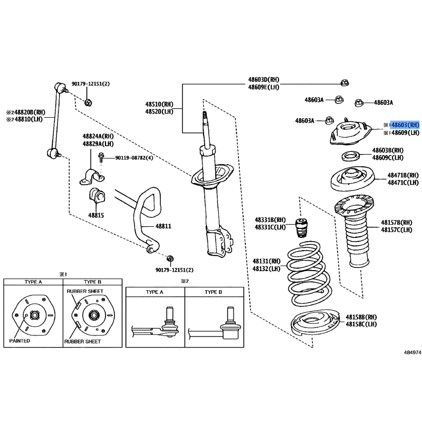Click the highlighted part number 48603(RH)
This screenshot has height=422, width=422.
coord(405,124)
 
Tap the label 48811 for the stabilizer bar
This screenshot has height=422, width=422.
coord(163,226)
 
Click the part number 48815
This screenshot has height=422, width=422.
coord(96,215)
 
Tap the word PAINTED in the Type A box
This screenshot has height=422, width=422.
coord(20,341)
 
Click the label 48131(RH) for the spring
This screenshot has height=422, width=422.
coord(266,261)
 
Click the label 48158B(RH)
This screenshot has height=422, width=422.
coord(361,316)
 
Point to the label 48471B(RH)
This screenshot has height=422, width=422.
coord(403,175)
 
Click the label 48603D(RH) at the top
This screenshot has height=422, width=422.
coord(264,80)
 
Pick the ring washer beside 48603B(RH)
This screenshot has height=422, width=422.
coord(349,156)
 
